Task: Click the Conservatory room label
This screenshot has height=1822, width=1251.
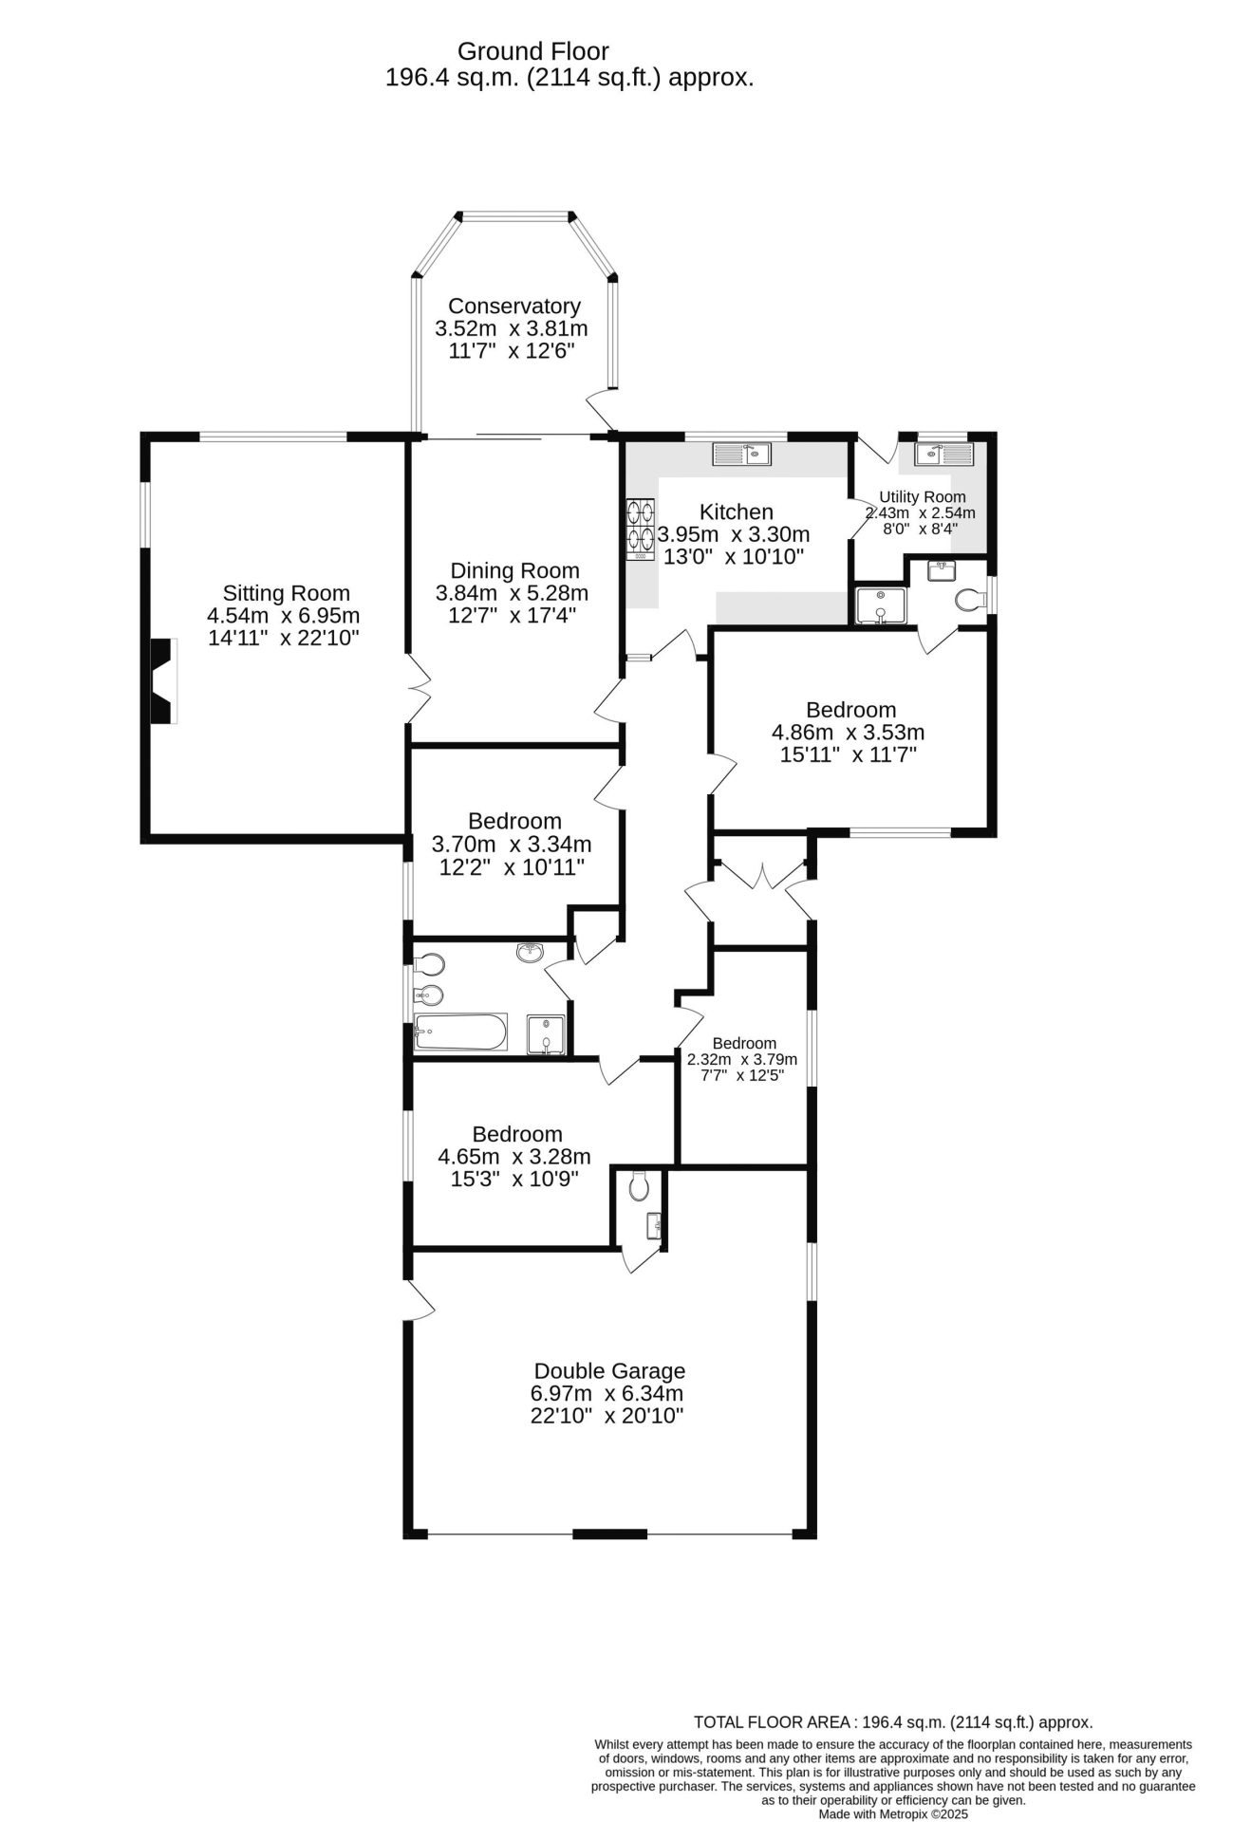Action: point(513,307)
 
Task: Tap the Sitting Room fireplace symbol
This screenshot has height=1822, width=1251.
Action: point(163,681)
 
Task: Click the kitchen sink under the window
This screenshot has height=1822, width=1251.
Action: point(743,454)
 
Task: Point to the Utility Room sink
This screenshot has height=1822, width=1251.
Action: point(944,455)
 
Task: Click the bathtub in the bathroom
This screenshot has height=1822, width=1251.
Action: point(460,1032)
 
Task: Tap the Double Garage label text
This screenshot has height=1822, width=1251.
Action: point(609,1371)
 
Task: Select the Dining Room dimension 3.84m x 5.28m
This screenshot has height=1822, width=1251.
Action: point(512,594)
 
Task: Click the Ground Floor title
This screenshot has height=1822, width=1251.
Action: point(533,51)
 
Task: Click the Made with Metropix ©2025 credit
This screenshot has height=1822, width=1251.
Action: point(892,1813)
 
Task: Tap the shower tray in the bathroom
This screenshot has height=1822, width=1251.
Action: point(546,1033)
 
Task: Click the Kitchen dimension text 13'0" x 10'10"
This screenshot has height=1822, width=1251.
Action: point(734,557)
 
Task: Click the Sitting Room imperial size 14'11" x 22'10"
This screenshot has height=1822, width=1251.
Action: point(284,638)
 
